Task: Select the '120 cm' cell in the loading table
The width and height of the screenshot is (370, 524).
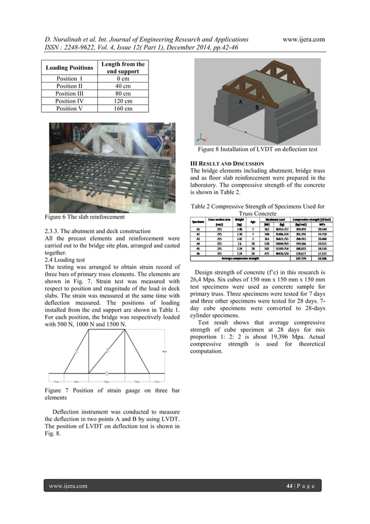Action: tap(123, 101)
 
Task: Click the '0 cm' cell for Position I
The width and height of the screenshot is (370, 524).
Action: tap(123, 78)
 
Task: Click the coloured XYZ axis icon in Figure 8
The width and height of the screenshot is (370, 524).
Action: tap(201, 138)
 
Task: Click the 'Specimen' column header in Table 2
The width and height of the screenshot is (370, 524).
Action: tap(199, 221)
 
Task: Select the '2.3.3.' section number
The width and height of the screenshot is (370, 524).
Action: tap(54, 231)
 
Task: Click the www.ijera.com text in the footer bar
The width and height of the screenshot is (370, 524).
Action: tap(68, 486)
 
